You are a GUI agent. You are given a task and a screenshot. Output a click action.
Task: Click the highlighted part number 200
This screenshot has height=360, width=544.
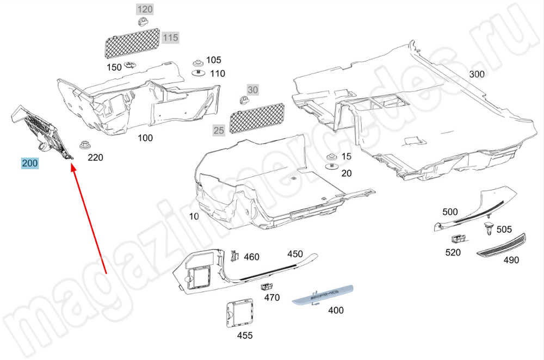pos(30,163)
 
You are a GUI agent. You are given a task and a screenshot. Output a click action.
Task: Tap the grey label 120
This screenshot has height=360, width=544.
pos(145,9)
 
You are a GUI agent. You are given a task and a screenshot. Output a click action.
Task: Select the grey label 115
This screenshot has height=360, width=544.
pos(170,38)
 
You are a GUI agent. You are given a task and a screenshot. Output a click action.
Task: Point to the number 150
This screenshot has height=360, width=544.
pos(114,67)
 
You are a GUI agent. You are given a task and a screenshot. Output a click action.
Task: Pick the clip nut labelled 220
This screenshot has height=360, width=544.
pos(84,145)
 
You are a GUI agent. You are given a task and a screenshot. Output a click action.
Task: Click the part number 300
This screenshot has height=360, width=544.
pos(477,74)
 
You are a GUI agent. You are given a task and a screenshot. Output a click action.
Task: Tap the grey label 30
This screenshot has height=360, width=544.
pos(253,89)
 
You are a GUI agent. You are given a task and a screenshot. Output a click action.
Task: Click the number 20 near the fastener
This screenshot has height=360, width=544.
pos(347,173)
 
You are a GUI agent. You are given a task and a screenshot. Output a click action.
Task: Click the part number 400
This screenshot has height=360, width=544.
pos(336,311)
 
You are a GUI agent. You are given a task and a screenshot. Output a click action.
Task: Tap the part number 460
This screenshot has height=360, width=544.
pos(251,257)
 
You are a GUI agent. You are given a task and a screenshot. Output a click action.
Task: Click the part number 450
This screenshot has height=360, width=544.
pos(295,254)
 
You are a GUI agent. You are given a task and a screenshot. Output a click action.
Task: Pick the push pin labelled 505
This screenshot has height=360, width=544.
pos(489,228)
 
